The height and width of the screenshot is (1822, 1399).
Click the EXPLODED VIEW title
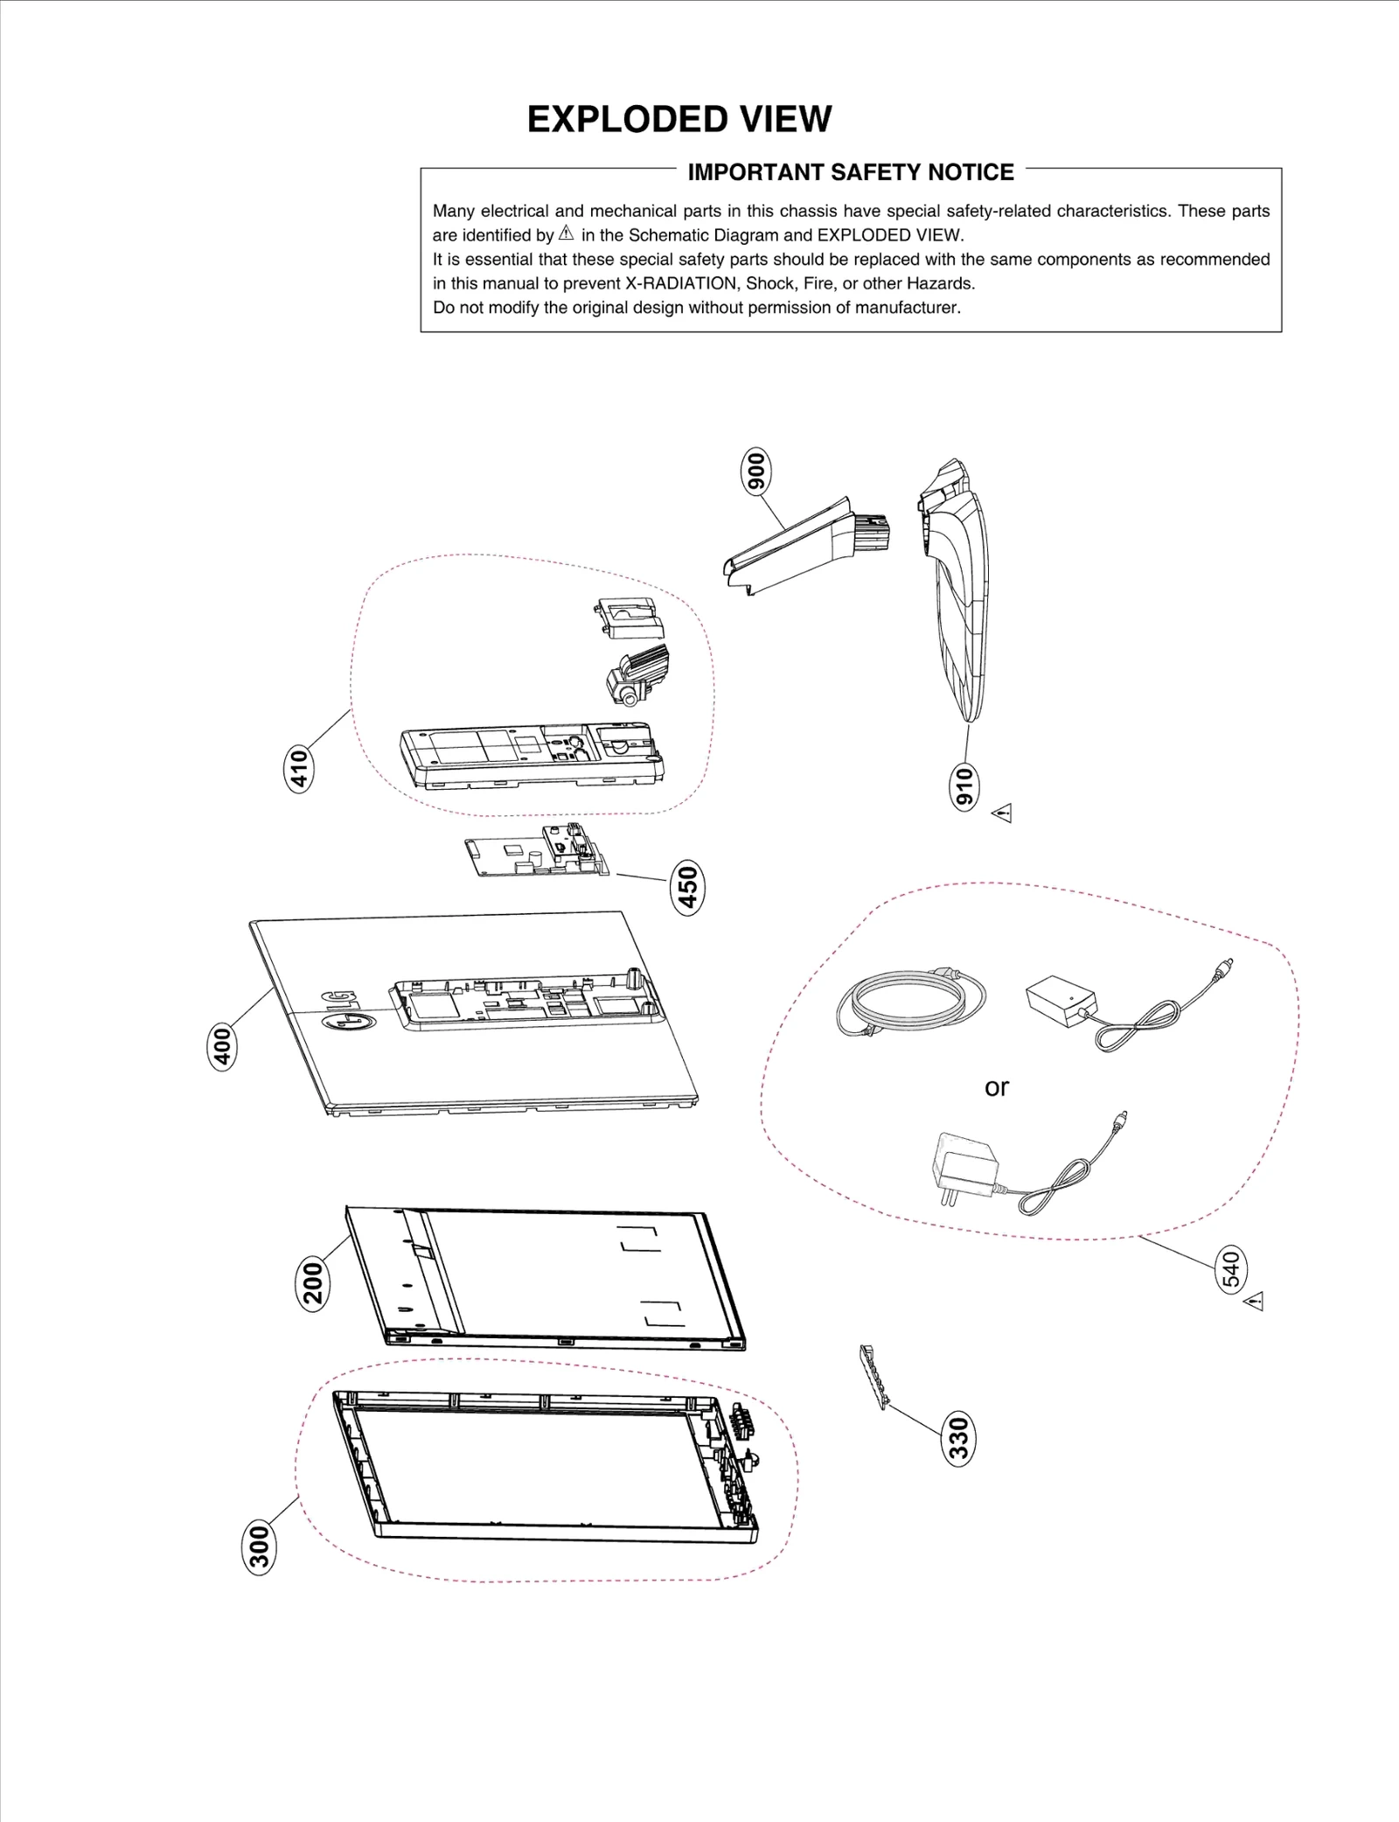679,120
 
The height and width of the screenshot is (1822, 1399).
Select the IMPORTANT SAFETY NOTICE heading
850,172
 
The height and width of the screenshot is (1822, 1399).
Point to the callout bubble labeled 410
299,769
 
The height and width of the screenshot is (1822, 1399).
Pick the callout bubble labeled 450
687,887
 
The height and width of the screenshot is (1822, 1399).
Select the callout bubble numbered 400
223,1046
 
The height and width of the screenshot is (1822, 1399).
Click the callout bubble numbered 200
312,1283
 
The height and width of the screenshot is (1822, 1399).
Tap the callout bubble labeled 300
258,1547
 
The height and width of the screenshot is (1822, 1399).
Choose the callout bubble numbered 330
959,1438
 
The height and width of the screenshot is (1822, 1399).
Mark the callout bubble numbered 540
1230,1271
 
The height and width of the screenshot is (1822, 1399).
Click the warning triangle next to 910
1003,813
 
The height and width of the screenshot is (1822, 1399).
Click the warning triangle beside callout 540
1255,1302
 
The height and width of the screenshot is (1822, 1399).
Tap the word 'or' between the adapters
996,1087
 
